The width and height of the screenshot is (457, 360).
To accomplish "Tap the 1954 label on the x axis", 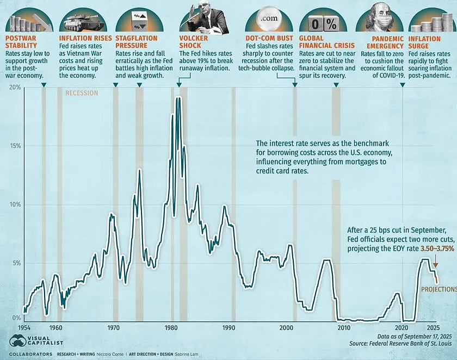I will point(23,328).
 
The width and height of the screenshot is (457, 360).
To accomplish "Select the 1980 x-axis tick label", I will point(171,328).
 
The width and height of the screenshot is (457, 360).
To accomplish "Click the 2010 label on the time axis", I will point(343,328).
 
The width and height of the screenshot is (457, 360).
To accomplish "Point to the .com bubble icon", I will point(269,19).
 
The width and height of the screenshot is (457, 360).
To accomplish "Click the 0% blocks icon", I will point(323,23).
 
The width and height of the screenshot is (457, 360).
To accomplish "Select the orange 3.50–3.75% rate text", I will point(437,248).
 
